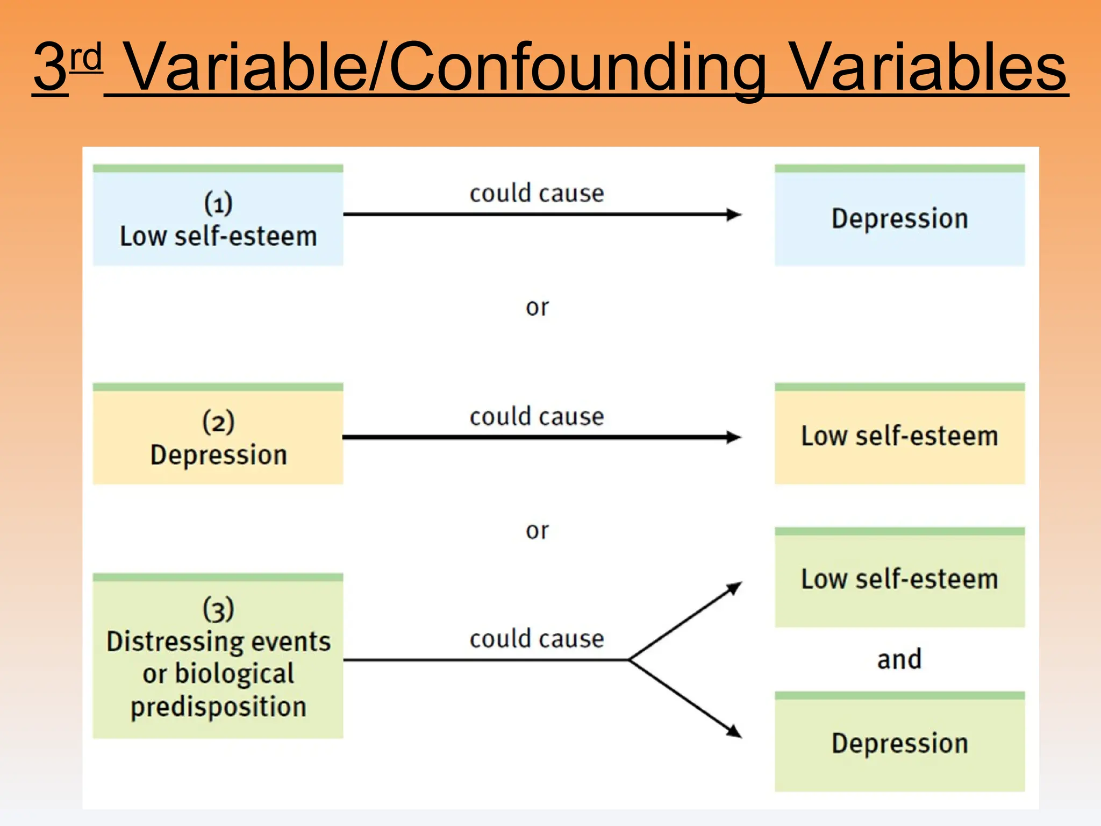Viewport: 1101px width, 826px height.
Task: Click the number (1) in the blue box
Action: tap(218, 203)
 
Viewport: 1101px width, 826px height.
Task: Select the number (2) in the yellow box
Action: tap(218, 422)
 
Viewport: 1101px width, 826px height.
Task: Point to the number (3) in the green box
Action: tap(218, 609)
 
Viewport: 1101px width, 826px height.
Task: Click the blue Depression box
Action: tap(899, 218)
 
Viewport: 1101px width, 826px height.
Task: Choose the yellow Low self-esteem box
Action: tap(899, 436)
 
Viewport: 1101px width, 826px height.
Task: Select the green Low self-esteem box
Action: tap(899, 579)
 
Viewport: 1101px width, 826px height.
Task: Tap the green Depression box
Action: tap(899, 743)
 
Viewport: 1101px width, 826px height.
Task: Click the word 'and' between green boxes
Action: tap(899, 659)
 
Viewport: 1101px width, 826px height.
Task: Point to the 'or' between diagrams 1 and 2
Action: tap(537, 308)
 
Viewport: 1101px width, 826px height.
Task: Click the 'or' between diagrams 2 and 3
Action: tap(537, 531)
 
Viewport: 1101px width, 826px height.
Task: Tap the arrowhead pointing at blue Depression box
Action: tap(734, 215)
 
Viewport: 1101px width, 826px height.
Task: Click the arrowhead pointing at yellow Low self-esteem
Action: tap(734, 437)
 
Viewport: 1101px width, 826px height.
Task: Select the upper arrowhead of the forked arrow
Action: tap(735, 587)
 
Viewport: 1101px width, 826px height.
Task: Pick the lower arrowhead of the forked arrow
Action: tap(735, 732)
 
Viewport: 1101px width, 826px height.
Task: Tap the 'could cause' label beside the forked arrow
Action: tap(537, 639)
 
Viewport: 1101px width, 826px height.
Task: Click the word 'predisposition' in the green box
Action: tap(218, 707)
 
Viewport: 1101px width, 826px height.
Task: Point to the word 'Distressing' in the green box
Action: tap(168, 642)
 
